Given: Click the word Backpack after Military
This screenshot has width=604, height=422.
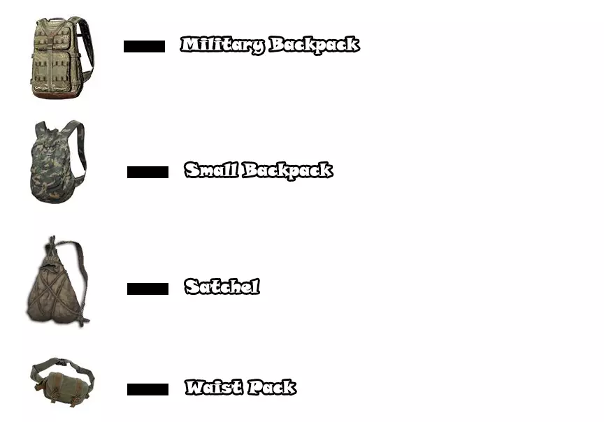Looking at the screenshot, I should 314,45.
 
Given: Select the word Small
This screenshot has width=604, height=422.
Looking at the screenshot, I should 211,170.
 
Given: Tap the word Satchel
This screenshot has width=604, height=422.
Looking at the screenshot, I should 222,286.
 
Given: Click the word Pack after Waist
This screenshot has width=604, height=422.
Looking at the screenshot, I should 271,387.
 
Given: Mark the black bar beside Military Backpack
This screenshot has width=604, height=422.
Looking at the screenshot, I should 144,47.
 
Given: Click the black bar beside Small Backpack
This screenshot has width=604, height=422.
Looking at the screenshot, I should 148,172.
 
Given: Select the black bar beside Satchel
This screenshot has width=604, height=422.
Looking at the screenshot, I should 148,289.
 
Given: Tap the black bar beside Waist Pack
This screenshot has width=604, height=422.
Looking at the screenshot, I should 148,389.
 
